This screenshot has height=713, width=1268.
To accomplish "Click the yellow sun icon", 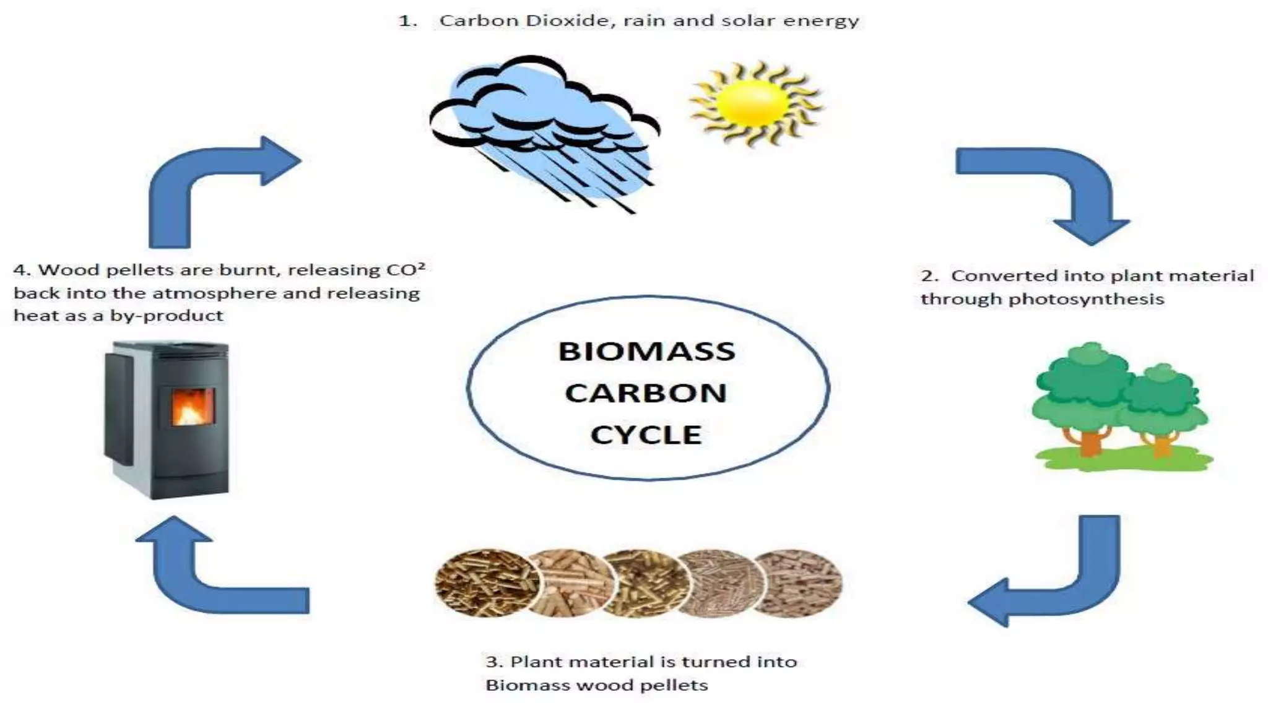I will click(755, 103).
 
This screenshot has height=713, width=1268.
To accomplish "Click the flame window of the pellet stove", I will click(193, 407).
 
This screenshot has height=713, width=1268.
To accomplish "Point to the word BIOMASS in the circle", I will click(646, 352).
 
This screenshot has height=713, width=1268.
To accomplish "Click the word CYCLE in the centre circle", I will click(646, 434).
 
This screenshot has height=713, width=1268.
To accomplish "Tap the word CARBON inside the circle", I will click(646, 393).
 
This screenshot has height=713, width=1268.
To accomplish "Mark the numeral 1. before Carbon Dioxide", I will click(407, 21).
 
